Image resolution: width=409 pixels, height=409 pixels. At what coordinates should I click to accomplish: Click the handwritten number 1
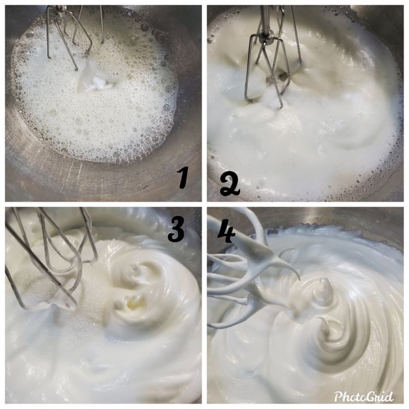(182, 178)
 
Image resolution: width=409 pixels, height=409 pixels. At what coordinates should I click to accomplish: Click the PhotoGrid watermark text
(365, 396)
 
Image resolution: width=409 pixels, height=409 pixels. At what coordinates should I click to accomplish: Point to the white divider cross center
(204, 204)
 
